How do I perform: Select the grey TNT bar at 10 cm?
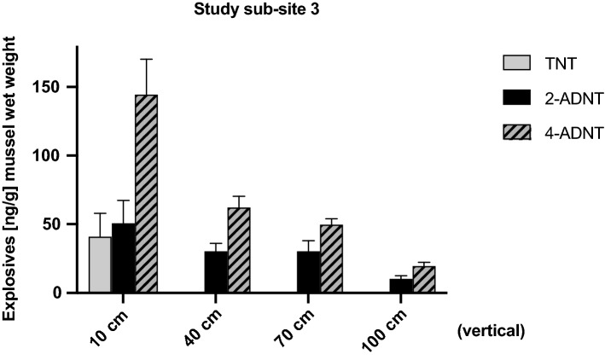pos(101,264)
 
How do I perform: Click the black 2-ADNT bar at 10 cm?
pos(124,258)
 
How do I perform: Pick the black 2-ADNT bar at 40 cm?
pos(216,272)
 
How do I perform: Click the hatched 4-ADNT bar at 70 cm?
pos(331,258)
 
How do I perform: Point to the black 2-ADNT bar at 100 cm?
pos(401,286)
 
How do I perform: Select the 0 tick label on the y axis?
pos(57,293)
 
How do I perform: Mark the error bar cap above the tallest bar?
pos(147,59)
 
